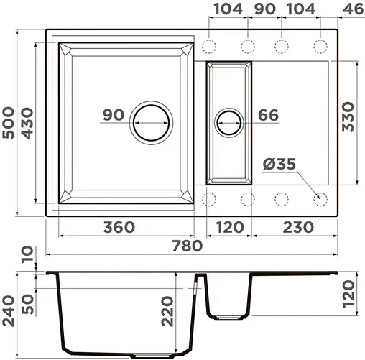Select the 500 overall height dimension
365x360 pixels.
(x=10, y=123)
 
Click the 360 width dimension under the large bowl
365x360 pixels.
(x=119, y=227)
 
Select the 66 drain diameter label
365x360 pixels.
(x=268, y=115)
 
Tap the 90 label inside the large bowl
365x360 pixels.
(x=113, y=115)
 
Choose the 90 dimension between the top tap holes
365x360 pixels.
(x=264, y=9)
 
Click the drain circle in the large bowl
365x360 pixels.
(x=151, y=121)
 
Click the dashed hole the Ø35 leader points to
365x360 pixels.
(x=320, y=198)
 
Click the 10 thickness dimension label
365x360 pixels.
(x=27, y=254)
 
